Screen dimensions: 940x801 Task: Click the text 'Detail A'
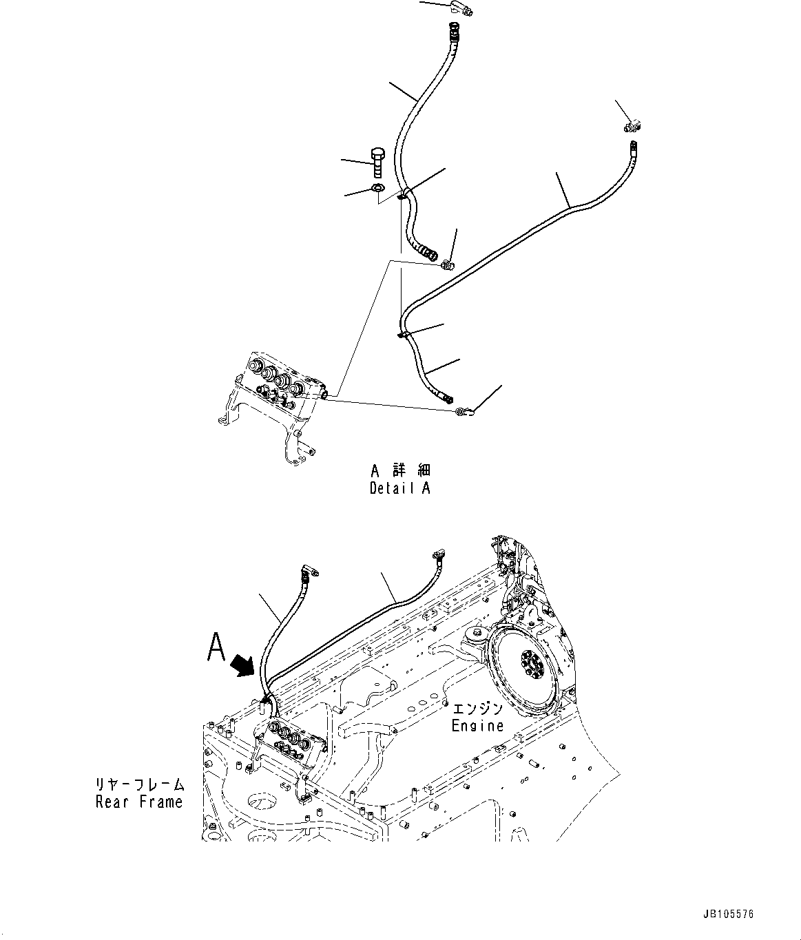coord(399,489)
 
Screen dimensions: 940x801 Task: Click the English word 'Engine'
coord(477,725)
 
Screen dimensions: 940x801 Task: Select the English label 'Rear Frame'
coord(139,802)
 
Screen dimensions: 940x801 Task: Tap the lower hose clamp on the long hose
coord(404,335)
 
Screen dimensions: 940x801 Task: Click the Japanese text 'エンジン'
coord(477,709)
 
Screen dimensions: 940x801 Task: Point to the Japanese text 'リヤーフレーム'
coord(140,784)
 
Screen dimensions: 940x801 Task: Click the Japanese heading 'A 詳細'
coord(399,472)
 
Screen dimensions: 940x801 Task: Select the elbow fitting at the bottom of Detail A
coord(464,412)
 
